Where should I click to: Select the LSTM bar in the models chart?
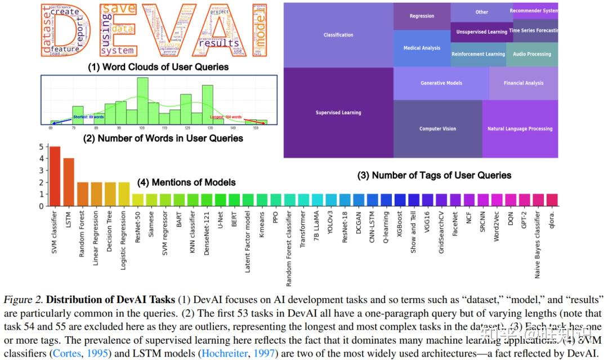tap(69, 181)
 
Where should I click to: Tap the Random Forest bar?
tap(82, 194)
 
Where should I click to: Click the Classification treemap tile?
tap(338, 35)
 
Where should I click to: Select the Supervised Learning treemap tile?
tap(338, 113)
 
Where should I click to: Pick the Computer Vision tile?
tap(437, 129)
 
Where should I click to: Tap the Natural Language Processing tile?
tap(520, 129)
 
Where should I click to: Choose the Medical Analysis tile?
tap(422, 48)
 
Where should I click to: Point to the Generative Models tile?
tap(441, 83)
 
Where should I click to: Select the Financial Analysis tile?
tap(523, 83)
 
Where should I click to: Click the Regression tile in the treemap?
tap(422, 16)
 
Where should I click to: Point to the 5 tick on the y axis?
tap(41, 147)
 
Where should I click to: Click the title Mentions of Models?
tap(186, 183)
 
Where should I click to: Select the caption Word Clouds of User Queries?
tap(158, 67)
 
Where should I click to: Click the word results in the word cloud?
tap(219, 43)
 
